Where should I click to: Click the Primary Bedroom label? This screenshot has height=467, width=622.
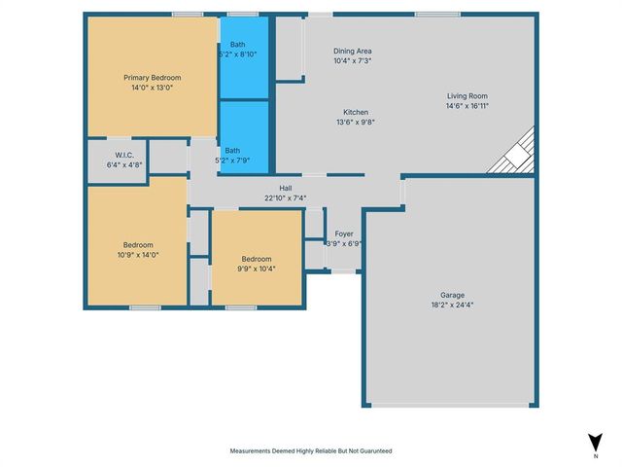tap(152, 77)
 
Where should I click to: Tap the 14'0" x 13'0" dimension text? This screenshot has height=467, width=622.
tap(152, 87)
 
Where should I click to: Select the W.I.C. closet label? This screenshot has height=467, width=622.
tap(123, 155)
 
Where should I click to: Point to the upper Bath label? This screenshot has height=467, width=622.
tap(238, 45)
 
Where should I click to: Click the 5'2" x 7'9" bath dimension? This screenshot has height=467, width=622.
tap(236, 160)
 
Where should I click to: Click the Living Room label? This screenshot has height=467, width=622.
tap(466, 96)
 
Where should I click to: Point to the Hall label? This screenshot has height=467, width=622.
tap(286, 189)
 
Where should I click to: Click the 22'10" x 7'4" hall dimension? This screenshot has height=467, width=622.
tap(286, 198)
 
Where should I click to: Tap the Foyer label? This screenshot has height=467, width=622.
tap(344, 233)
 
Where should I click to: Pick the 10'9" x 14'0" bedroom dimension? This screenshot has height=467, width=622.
tap(137, 254)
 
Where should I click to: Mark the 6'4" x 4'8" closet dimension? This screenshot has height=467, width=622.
tap(123, 164)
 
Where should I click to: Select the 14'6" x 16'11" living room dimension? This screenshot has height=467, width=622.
tap(466, 106)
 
